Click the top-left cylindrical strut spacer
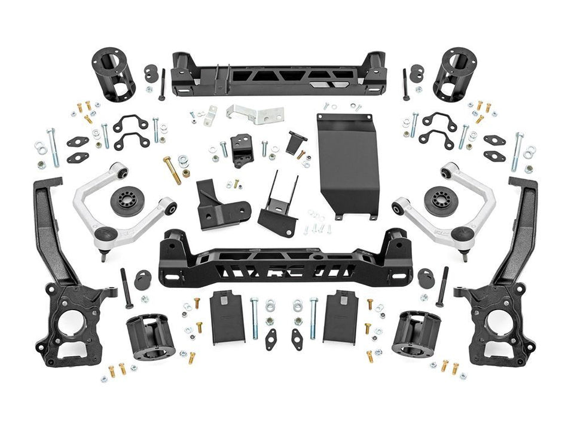click(114, 73)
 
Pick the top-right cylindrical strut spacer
click(454, 73)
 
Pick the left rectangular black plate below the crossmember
click(227, 317)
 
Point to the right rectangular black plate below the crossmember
click(340, 317)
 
